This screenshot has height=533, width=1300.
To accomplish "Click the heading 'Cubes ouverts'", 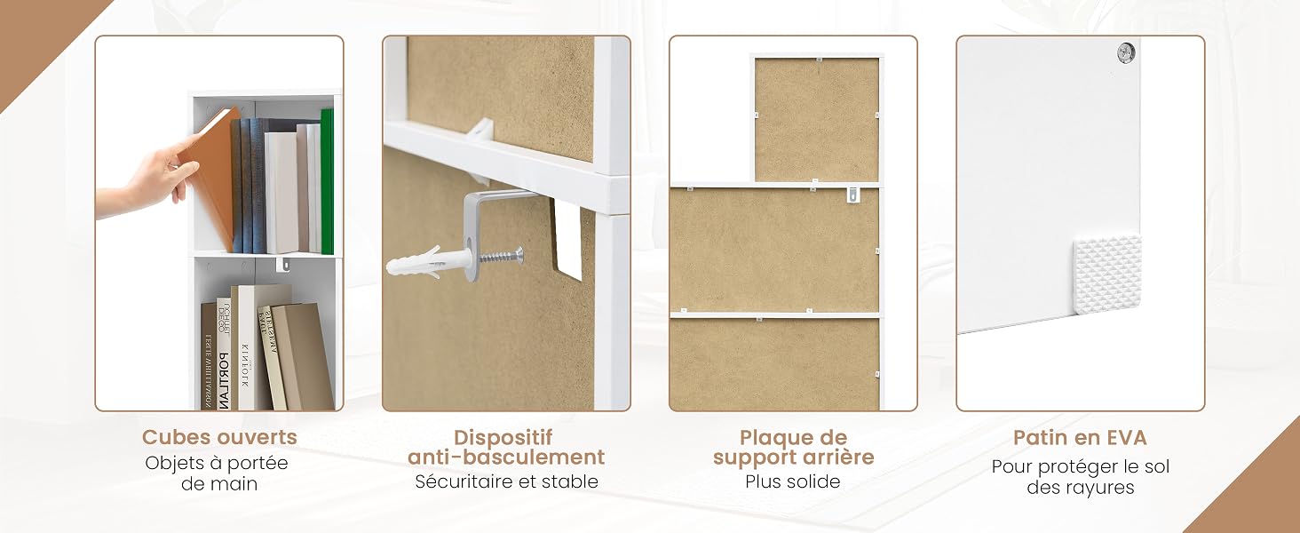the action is coord(219,437).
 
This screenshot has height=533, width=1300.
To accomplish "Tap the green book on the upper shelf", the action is coord(327,181).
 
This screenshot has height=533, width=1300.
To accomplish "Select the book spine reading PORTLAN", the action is coord(224,354).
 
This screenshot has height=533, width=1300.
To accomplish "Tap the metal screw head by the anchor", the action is coord(519,254).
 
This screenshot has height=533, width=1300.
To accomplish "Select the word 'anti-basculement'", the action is coord(506,457).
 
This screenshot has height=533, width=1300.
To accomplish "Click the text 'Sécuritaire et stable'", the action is coord(506,481).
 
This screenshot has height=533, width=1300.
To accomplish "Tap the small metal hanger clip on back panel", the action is coord(852,195).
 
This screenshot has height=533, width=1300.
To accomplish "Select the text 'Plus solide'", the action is coord(793,481).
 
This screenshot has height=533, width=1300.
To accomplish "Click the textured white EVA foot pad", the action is coord(1107,274).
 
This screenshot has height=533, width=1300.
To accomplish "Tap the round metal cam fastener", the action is coord(1126,53).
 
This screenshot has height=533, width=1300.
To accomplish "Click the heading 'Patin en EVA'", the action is coord(1080,438).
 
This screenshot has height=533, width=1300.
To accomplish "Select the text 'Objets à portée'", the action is coord(217,464).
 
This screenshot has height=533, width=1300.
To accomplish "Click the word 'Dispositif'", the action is coord(503,437).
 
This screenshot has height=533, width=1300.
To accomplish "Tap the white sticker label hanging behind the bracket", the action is coord(567,238).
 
